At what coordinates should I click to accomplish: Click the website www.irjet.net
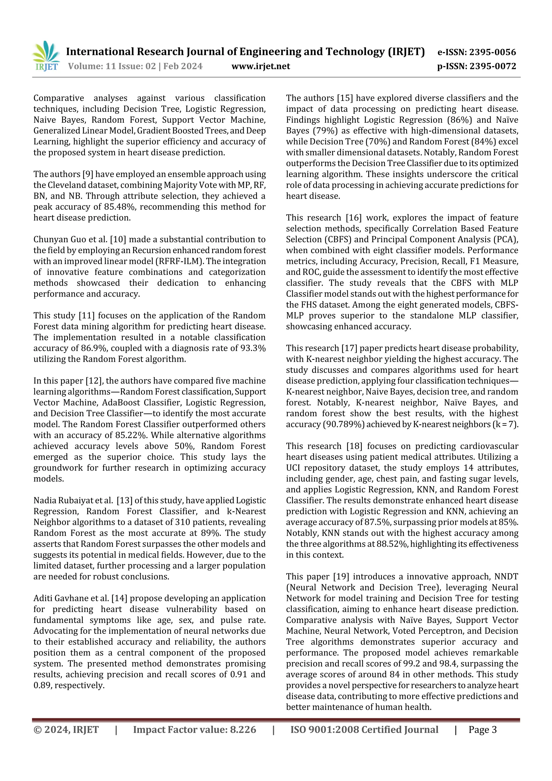[261, 66]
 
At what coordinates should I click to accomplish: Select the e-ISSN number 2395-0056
[492, 52]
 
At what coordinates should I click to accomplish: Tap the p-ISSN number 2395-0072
[493, 66]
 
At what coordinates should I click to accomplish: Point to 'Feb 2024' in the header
[183, 66]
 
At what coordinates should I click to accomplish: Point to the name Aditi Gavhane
[63, 598]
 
